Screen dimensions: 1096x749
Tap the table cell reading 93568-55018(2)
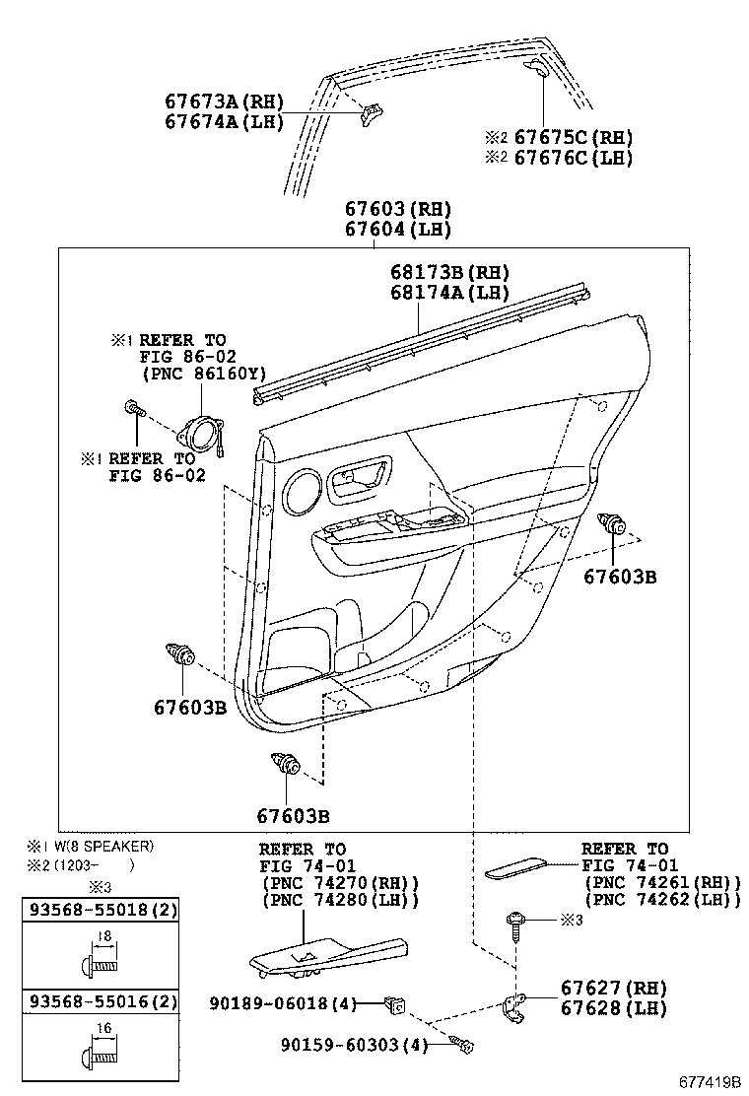coord(102,911)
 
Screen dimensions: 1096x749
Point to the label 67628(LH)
coord(613,1009)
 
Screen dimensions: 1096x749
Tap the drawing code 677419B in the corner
coord(709,1082)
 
